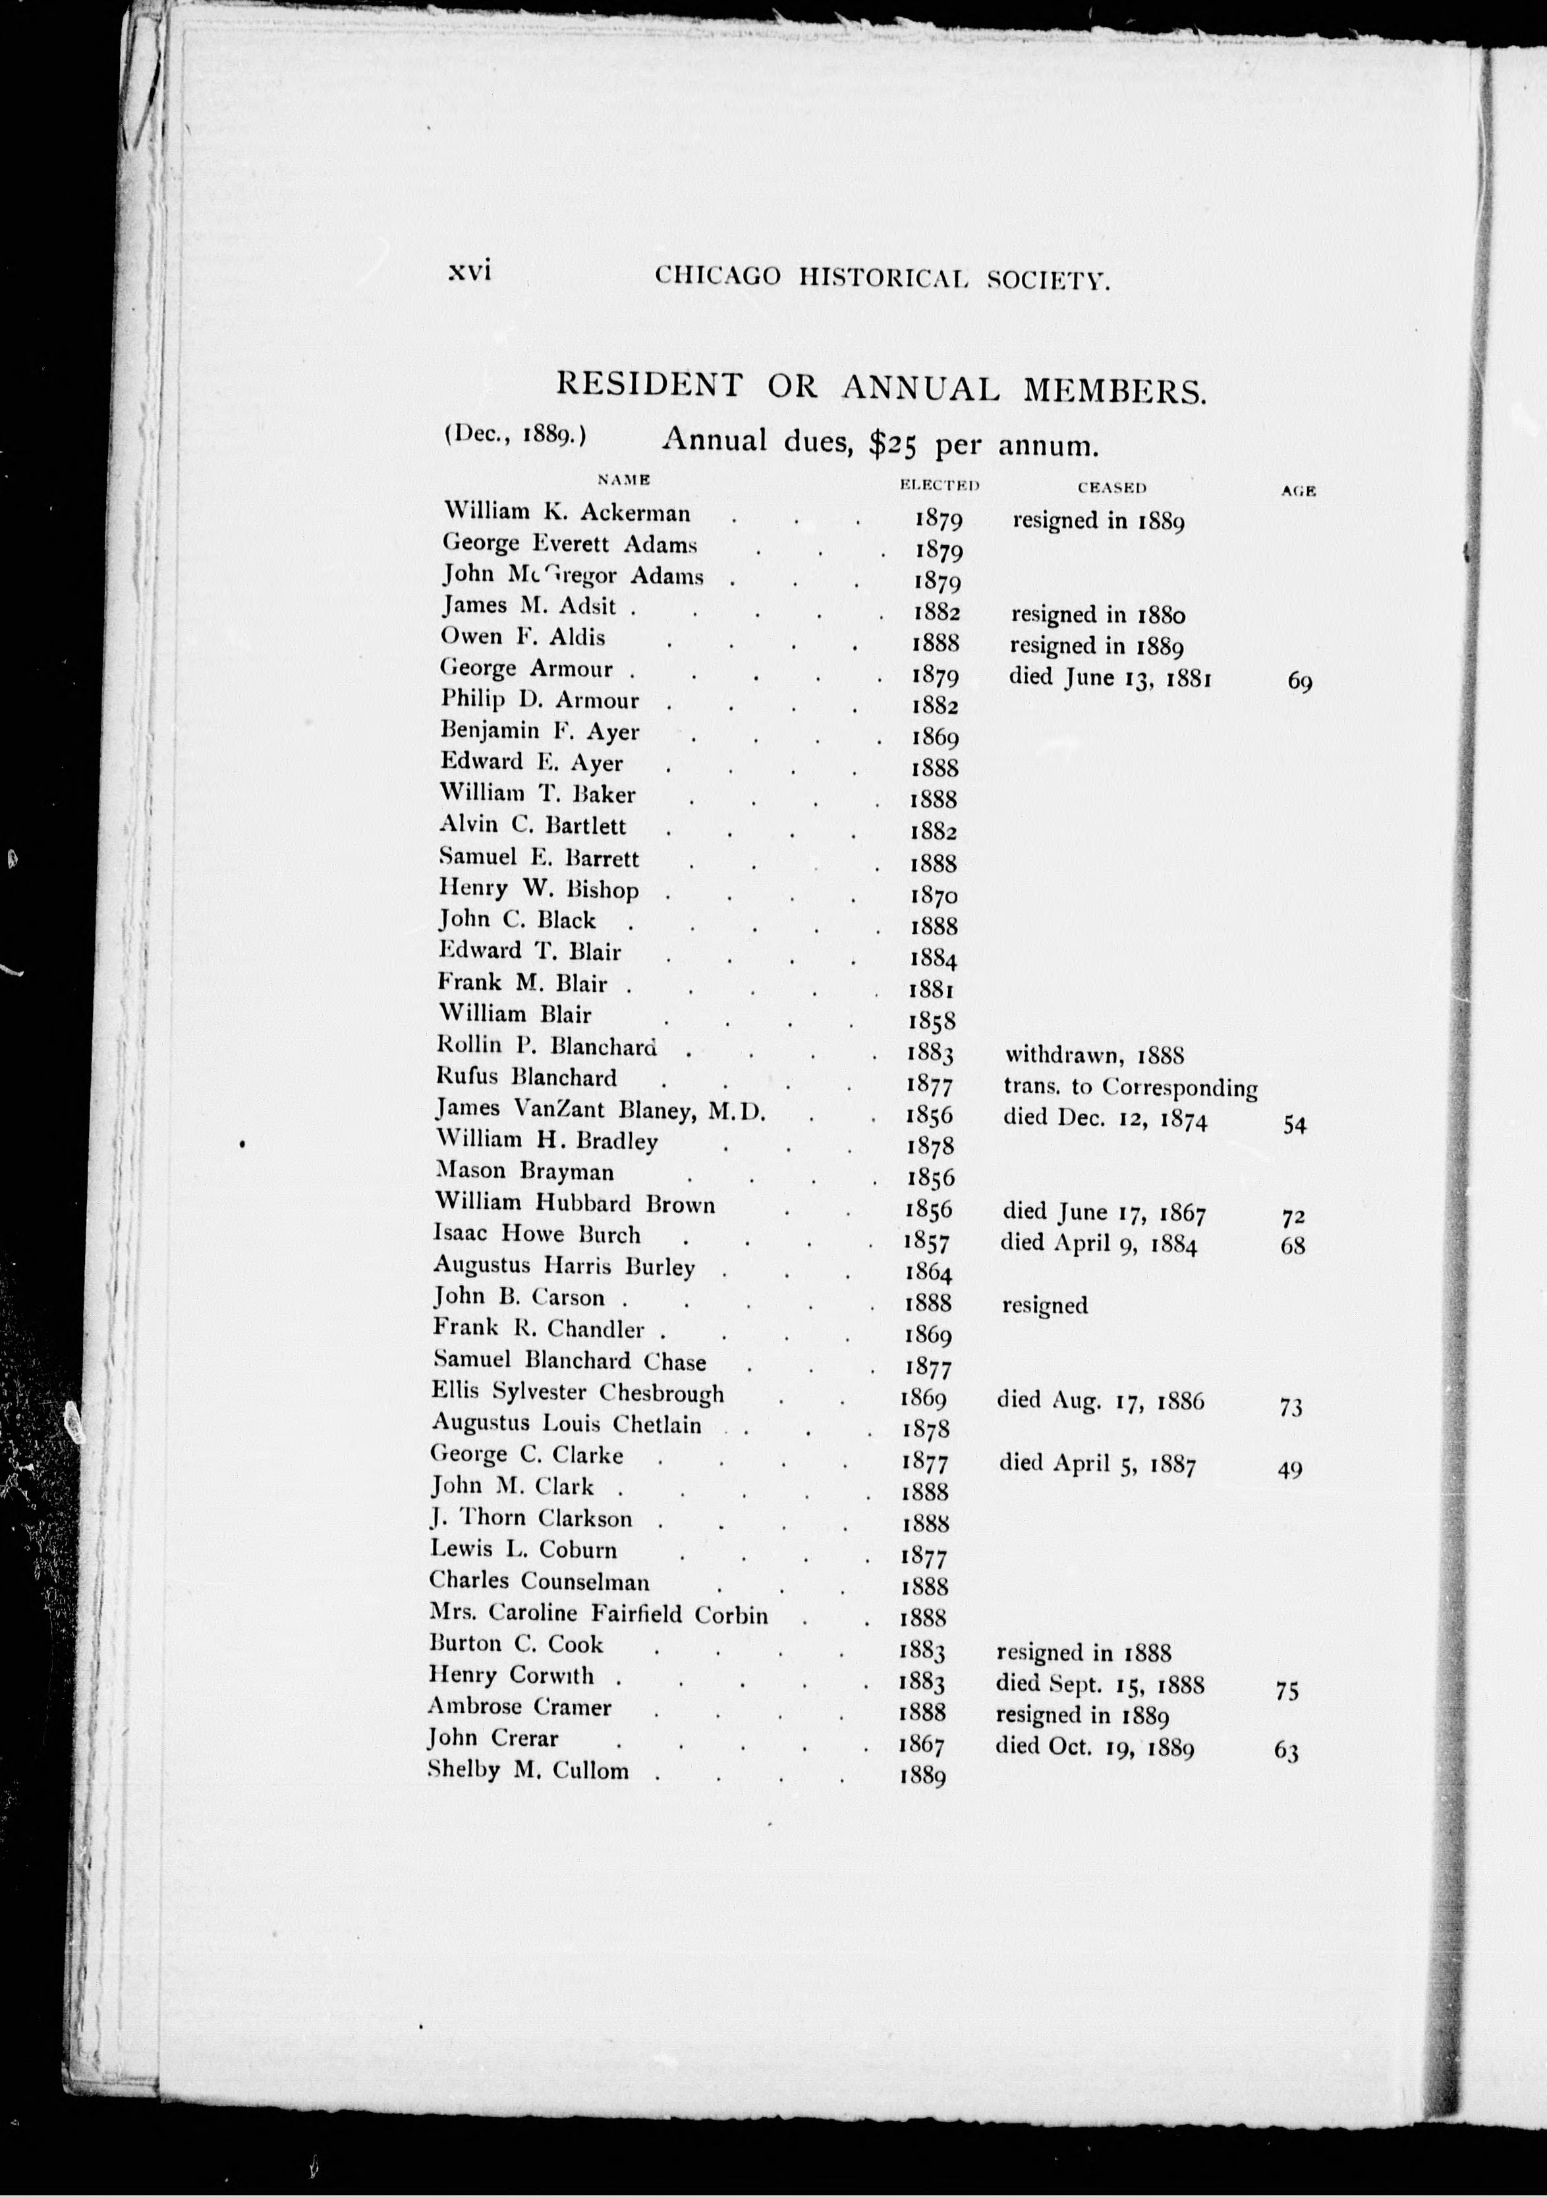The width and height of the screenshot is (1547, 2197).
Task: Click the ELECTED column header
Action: click(x=939, y=485)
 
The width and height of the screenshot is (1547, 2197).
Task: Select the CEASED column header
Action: click(x=1111, y=487)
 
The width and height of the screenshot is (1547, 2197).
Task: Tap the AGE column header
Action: click(x=1298, y=491)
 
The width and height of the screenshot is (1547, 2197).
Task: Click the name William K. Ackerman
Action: click(x=566, y=513)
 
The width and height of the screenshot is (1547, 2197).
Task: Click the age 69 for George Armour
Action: click(x=1300, y=682)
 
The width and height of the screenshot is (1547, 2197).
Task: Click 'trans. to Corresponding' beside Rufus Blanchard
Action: click(x=1130, y=1087)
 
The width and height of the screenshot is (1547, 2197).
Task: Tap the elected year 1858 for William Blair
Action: click(x=932, y=1020)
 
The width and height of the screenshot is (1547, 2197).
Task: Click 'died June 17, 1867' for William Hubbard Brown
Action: click(x=1104, y=1213)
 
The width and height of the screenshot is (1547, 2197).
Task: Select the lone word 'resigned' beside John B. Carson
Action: click(x=1044, y=1305)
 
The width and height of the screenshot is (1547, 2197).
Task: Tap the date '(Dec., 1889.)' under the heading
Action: click(x=515, y=433)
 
